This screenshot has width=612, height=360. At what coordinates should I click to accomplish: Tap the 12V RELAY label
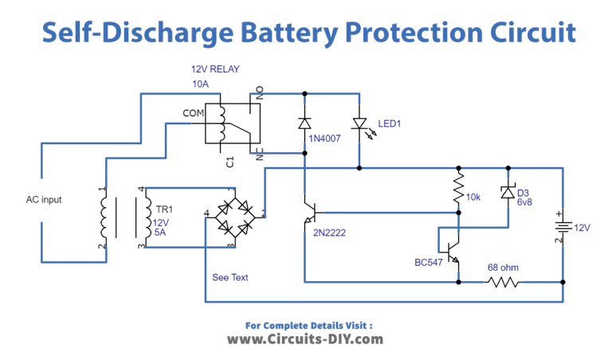pos(214,69)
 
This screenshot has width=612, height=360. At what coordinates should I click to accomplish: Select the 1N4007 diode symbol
pos(304,123)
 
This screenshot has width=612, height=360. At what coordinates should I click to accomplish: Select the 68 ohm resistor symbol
pos(504,282)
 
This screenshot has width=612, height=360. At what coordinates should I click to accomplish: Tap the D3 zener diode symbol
pos(507,192)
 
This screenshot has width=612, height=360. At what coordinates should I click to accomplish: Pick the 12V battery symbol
pos(563,226)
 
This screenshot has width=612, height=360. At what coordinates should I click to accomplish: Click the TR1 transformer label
pos(165,210)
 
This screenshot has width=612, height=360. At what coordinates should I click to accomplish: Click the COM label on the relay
pos(193,113)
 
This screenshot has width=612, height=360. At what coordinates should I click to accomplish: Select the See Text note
pos(231,277)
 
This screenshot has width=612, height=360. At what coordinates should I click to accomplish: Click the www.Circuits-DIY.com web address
pos(305,338)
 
